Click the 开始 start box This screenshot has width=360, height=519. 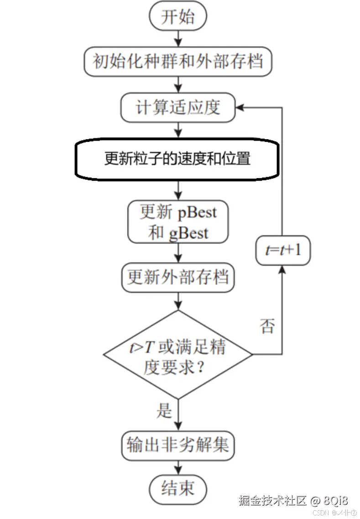pos(178,17)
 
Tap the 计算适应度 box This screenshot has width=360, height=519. pos(178,107)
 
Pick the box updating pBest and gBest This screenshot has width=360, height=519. pos(178,222)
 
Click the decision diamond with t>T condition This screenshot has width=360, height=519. pos(178,354)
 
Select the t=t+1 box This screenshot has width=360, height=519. pos(282,250)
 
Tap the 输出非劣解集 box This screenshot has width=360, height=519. pos(178,445)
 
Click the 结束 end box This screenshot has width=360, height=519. pos(178,488)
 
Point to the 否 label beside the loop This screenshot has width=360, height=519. pos(267,326)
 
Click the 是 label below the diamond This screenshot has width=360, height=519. pos(164,411)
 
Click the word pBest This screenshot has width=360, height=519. pos(197,213)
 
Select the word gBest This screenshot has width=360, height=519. pos(188,233)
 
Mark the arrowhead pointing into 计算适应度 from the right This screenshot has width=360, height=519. pos(240,108)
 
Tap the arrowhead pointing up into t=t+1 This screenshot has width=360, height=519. pos(282,270)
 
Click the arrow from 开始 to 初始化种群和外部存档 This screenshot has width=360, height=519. pos(178,38)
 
